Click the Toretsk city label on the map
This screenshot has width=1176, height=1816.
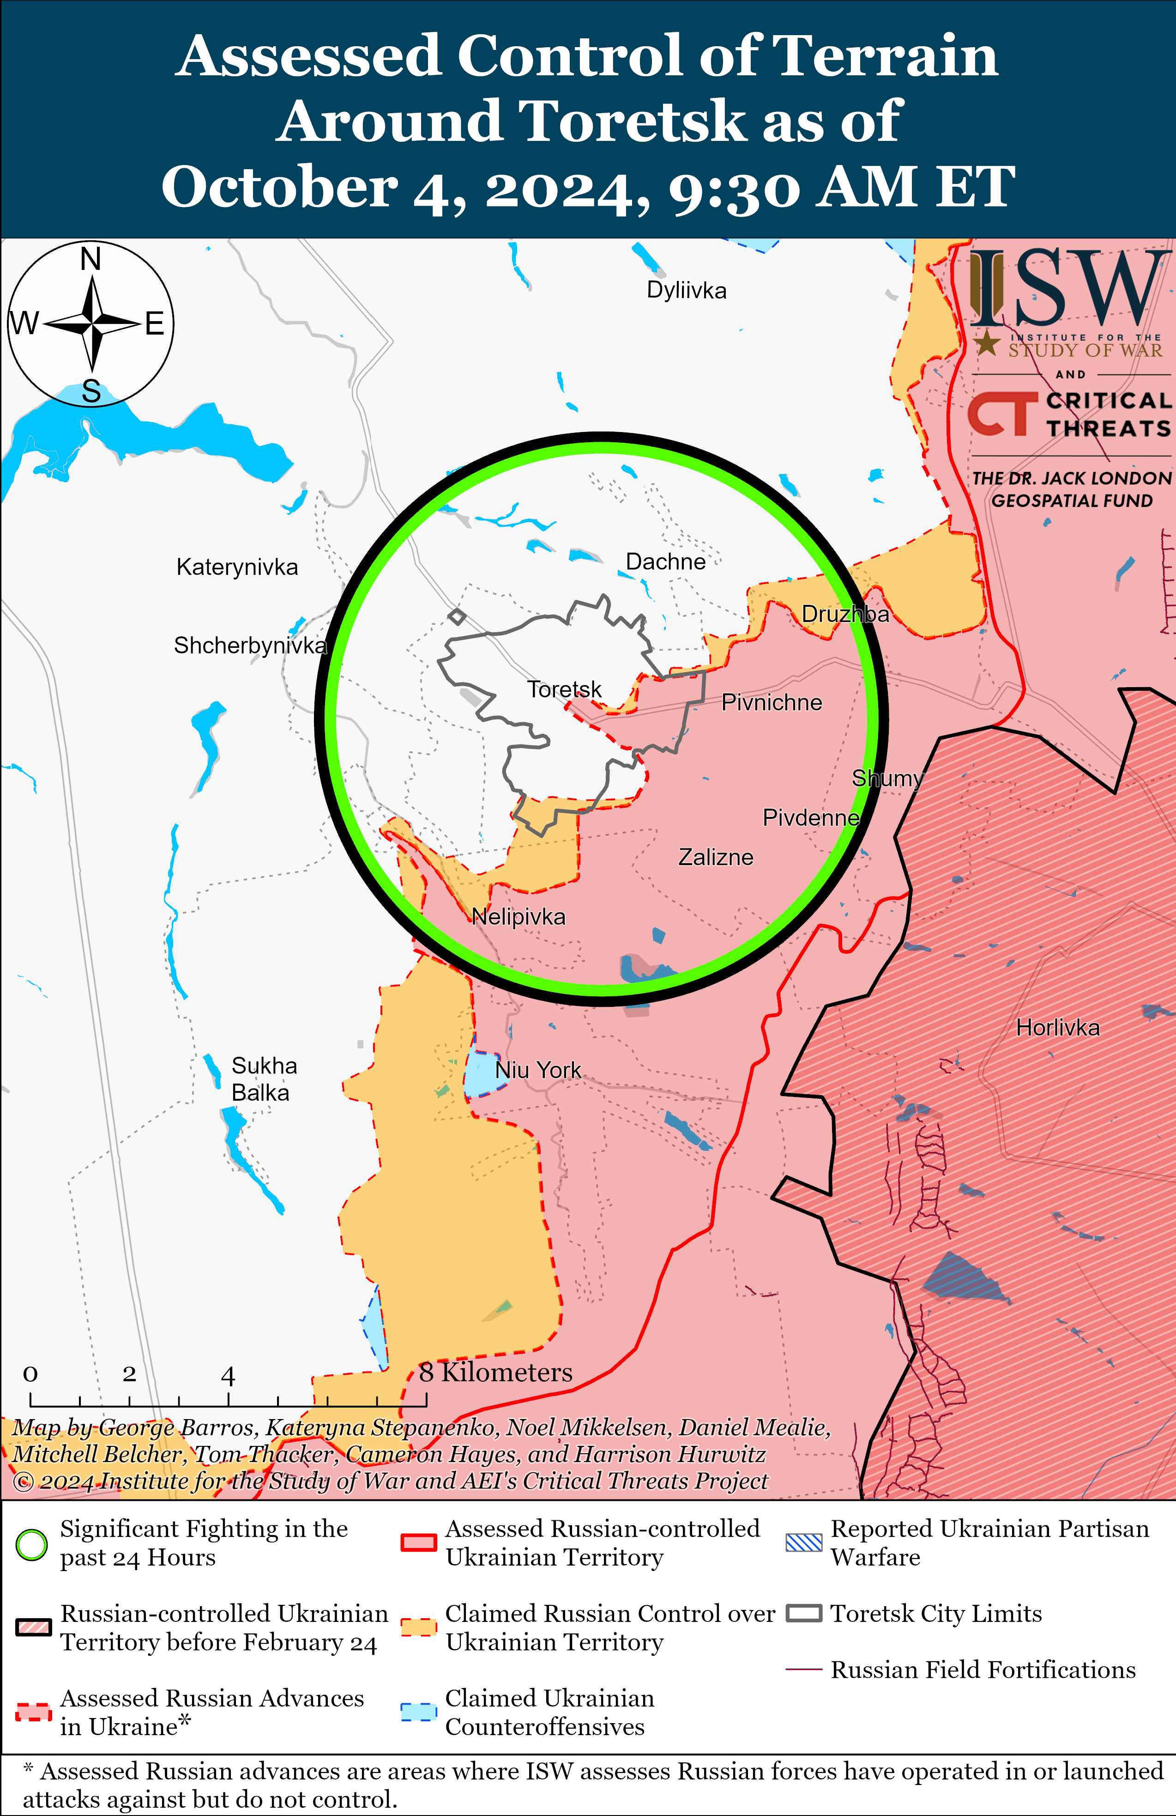tap(564, 690)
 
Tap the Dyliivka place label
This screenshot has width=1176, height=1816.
tap(687, 291)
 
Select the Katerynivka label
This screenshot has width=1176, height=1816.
tap(237, 567)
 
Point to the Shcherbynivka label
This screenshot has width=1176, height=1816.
tap(250, 646)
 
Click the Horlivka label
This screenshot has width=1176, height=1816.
tap(1058, 1028)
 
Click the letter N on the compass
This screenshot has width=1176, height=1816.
tap(91, 259)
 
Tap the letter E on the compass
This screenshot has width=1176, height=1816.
tap(155, 324)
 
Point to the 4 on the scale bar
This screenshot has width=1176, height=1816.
tap(228, 1376)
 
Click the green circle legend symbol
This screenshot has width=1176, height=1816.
tap(32, 1545)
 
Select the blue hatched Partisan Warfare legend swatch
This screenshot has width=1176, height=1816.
tap(804, 1543)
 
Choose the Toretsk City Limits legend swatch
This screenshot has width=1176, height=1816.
tap(804, 1614)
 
